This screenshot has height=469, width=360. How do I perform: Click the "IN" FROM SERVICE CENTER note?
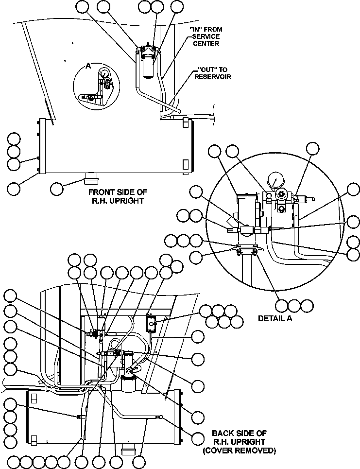tap(205, 36)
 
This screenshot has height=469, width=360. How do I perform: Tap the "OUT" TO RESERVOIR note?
tap(212, 73)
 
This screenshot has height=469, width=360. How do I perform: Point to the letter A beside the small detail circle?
tap(88, 67)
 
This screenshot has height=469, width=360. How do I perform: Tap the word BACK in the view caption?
tap(223, 433)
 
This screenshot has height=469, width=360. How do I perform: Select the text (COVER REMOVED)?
tap(239, 451)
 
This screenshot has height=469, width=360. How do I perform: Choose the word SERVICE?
tap(206, 36)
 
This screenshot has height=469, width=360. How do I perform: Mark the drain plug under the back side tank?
tap(128, 448)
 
